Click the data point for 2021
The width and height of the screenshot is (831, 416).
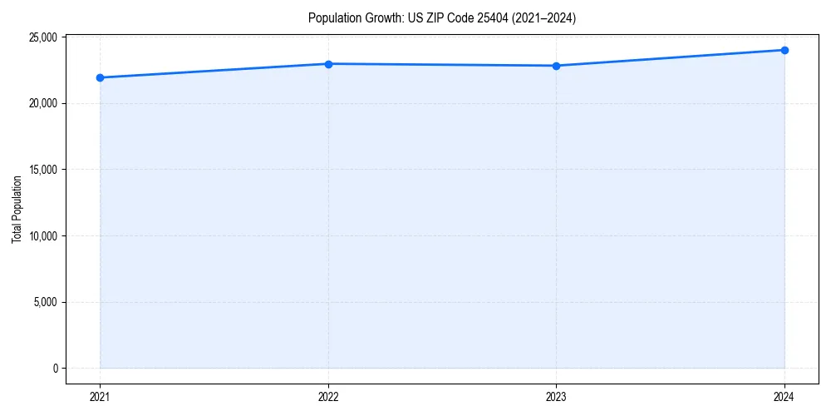pyautogui.click(x=100, y=77)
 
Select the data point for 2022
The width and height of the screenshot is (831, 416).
pyautogui.click(x=328, y=64)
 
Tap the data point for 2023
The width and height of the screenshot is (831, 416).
pyautogui.click(x=556, y=66)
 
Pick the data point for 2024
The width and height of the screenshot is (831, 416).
pyautogui.click(x=784, y=50)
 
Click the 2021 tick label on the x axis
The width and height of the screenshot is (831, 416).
pyautogui.click(x=100, y=397)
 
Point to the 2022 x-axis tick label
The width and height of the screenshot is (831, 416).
pyautogui.click(x=328, y=397)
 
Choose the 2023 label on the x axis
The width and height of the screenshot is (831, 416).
pyautogui.click(x=556, y=397)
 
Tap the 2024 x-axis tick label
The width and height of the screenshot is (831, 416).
pyautogui.click(x=784, y=397)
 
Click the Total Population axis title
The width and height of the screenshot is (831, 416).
pyautogui.click(x=17, y=209)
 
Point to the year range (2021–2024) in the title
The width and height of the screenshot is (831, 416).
pyautogui.click(x=543, y=17)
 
